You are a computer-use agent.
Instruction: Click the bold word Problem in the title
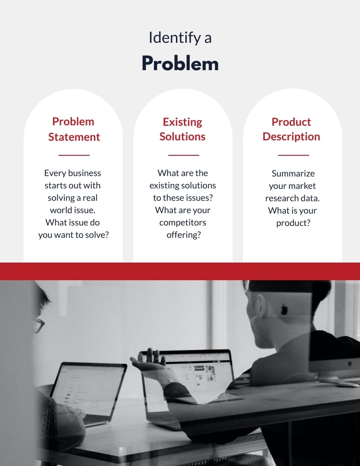[x=180, y=64]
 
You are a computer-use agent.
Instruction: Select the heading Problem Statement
[x=74, y=129]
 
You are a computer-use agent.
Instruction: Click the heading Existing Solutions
[x=182, y=129]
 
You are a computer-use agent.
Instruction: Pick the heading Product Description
[x=291, y=129]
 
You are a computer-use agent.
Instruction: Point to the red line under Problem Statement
[x=74, y=155]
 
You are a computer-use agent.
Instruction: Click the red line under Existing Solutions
[x=184, y=155]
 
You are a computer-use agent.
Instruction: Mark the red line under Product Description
[x=293, y=155]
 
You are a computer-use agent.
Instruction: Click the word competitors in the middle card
[x=183, y=222]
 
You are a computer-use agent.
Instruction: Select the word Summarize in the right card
[x=293, y=173]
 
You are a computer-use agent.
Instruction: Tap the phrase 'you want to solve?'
[x=73, y=235]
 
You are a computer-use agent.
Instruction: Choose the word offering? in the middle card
[x=184, y=235]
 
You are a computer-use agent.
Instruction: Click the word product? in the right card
[x=293, y=223]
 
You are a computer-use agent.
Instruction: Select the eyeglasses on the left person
[x=39, y=325]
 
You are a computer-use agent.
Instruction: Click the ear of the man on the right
[x=262, y=304]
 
